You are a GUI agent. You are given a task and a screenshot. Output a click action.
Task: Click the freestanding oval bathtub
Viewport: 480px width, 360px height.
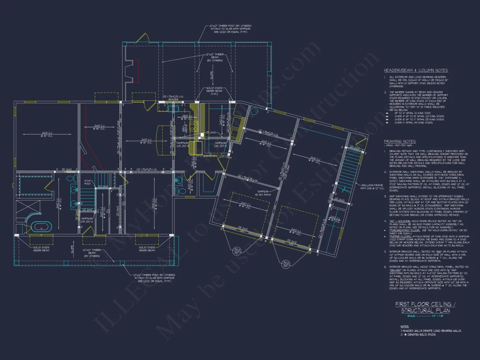(41, 227)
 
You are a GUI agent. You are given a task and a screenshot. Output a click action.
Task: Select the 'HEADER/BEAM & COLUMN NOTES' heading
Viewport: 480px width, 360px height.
(415, 70)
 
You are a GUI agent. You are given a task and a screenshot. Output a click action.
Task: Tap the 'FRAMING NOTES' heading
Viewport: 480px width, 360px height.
(400, 141)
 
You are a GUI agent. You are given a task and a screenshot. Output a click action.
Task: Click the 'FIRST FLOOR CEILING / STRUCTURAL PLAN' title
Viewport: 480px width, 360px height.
(422, 307)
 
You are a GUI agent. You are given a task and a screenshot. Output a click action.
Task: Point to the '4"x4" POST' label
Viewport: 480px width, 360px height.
(89, 182)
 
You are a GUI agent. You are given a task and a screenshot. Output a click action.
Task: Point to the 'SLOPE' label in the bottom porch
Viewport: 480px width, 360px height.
(73, 250)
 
